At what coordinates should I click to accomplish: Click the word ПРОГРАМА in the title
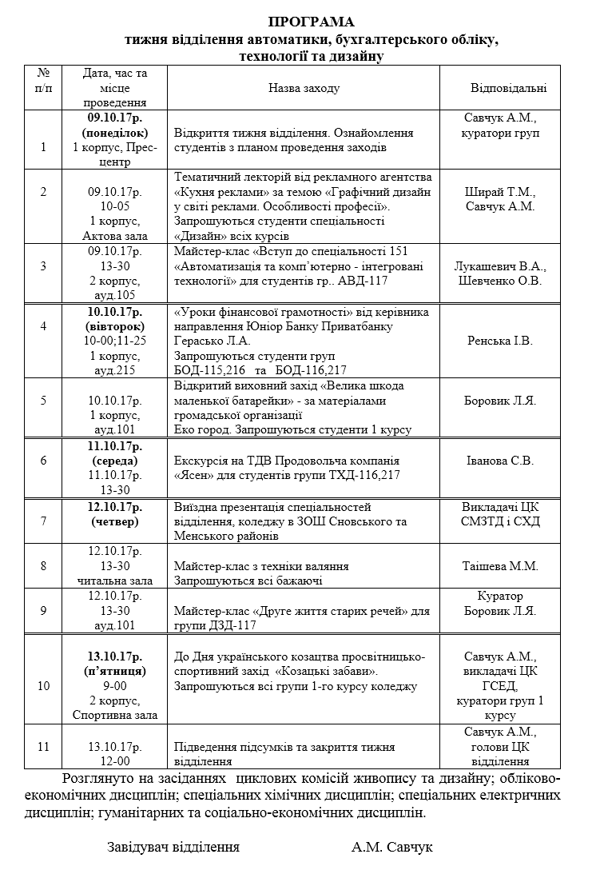coord(311,22)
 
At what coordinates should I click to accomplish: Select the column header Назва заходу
coord(304,88)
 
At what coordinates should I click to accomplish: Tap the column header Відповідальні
coord(509,88)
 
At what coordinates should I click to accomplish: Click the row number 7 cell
coord(43,521)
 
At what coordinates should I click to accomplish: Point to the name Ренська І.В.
coord(500,341)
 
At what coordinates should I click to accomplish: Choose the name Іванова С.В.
coord(499,460)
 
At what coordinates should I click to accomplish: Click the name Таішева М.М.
coord(500,566)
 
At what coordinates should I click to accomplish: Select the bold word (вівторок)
coord(114,326)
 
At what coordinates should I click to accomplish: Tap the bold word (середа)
coord(114,461)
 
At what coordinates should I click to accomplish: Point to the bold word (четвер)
coord(114,521)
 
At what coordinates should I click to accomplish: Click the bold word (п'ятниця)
coord(114,670)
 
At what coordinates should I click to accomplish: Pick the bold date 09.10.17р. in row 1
coord(114,118)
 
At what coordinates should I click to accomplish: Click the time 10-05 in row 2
coord(114,206)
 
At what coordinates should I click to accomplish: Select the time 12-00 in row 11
coord(114,761)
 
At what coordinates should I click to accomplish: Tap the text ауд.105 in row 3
coord(114,295)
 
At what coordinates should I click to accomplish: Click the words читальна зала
coord(114,581)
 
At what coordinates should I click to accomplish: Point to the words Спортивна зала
coord(114,715)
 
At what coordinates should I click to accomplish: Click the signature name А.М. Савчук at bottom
coord(391,847)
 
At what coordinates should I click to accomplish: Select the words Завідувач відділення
coord(173,847)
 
